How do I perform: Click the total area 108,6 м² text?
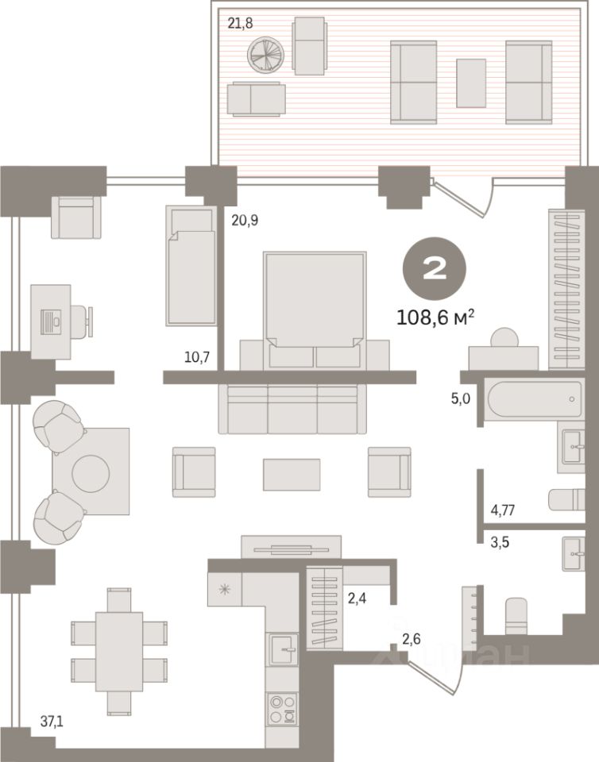click(x=435, y=318)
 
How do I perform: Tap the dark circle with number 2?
click(x=435, y=271)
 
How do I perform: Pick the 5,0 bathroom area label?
click(x=461, y=398)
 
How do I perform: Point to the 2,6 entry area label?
click(x=412, y=639)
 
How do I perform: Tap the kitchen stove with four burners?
click(x=282, y=710)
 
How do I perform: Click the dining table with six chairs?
click(x=119, y=639)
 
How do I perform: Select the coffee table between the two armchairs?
click(x=292, y=475)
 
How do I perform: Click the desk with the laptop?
click(x=52, y=320)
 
